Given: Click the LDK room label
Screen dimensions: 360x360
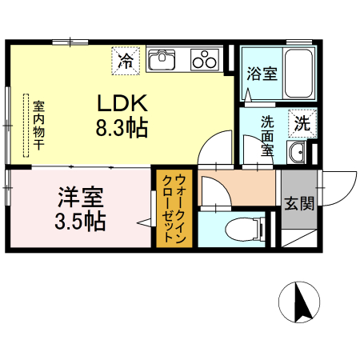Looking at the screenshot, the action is pos(122,103).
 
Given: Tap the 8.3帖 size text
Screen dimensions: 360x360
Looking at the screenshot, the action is pos(122,128).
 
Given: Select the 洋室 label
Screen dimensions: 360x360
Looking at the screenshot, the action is pos(81,198).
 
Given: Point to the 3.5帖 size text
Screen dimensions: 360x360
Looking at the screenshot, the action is pos(80,221).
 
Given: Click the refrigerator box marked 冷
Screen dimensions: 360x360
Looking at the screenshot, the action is pos(126,61).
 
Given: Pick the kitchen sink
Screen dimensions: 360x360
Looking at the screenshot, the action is pos(162,59).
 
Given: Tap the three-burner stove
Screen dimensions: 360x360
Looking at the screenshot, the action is pos(205,60).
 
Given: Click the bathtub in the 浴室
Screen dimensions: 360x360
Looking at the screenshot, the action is pos(298,74).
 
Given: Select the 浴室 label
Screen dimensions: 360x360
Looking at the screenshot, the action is pos(262,74).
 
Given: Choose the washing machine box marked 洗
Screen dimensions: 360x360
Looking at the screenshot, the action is pos(302,123).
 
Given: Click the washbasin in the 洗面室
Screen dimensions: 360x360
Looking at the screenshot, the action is pos(296,152).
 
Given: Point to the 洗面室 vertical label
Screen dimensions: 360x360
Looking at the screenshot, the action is pos(267,136).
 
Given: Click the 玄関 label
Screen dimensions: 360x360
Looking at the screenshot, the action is pos(299,204).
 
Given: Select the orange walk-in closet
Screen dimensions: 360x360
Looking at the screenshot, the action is pos(174,208).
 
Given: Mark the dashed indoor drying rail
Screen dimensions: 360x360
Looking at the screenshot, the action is pos(26,126).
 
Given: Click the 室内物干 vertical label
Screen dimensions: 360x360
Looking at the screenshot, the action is pos(39,125).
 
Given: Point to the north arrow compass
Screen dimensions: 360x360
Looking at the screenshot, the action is pos(299,302).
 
